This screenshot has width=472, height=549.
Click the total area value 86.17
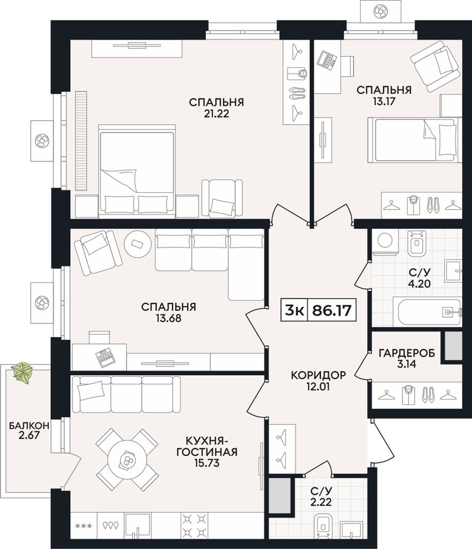(331, 310)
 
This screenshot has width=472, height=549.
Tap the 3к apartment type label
(294, 310)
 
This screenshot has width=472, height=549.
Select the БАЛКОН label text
(29, 425)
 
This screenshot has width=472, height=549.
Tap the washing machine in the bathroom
(386, 242)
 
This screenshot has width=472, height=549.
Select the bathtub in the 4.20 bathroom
(430, 311)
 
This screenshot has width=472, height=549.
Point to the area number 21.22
(216, 114)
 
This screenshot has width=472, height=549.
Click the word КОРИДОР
(318, 375)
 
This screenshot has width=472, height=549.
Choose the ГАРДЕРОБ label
(407, 353)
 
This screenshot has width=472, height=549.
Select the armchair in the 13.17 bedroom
(435, 66)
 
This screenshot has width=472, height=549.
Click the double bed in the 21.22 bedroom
(137, 169)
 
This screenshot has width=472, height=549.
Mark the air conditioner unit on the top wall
(380, 11)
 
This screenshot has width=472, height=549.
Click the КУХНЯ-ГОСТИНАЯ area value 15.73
(207, 463)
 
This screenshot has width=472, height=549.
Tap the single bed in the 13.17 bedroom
(413, 140)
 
